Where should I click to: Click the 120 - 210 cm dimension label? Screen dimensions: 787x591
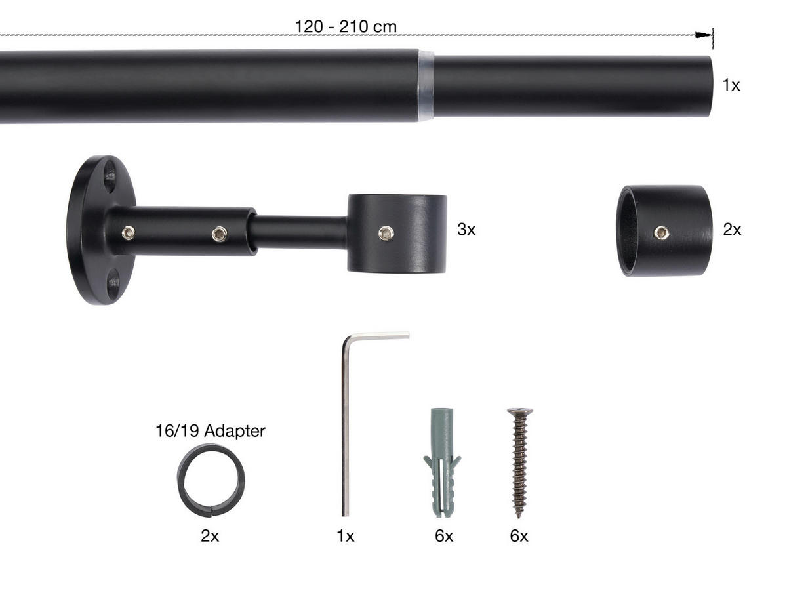[x=346, y=27]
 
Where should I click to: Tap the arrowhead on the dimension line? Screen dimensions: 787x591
[x=703, y=35]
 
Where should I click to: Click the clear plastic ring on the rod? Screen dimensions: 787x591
[x=426, y=86]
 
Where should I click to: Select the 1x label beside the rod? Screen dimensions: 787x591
[x=731, y=85]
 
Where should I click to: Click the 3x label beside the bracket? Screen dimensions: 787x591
[x=466, y=230]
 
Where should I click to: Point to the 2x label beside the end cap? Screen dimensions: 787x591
[x=732, y=230]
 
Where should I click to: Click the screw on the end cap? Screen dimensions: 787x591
[x=662, y=233]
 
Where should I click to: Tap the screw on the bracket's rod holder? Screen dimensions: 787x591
[x=386, y=234]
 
